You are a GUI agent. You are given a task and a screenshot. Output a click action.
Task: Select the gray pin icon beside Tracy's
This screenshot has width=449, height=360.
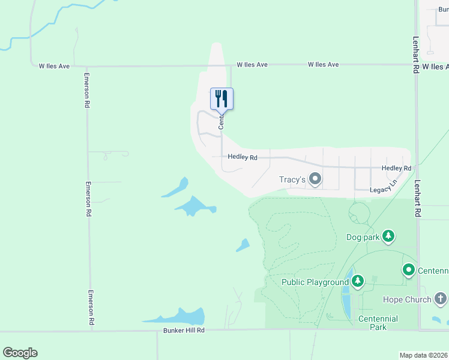(315, 179)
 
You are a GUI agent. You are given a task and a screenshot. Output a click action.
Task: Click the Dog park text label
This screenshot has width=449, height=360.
(363, 237)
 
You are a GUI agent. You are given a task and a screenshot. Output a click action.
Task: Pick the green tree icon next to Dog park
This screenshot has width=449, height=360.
(388, 236)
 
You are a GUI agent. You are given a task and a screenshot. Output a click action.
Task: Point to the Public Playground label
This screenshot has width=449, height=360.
(315, 282)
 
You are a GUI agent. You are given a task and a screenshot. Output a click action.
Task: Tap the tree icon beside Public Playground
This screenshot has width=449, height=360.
(358, 281)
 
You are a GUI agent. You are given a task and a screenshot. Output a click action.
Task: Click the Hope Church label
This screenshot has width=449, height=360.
(407, 299)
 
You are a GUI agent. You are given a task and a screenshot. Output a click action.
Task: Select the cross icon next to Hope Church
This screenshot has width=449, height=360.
(441, 298)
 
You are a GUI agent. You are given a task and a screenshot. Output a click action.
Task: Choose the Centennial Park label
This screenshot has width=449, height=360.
(378, 323)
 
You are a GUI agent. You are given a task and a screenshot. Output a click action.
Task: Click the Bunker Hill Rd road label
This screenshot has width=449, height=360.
(184, 331)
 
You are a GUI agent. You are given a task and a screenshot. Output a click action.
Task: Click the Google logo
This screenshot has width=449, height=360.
(20, 353)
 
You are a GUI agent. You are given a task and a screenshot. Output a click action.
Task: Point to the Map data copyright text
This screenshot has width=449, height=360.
(424, 355)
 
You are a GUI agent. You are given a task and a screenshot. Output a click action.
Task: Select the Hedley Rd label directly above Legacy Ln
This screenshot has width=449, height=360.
(396, 169)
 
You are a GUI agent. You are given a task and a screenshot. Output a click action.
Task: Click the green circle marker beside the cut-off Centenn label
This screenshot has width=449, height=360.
(409, 270)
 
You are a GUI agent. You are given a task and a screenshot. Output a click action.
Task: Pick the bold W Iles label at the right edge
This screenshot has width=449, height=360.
(435, 67)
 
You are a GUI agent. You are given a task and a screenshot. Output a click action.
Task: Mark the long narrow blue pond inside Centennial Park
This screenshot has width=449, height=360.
(346, 300)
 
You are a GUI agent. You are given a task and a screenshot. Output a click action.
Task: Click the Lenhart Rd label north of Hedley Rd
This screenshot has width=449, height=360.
(415, 55)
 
